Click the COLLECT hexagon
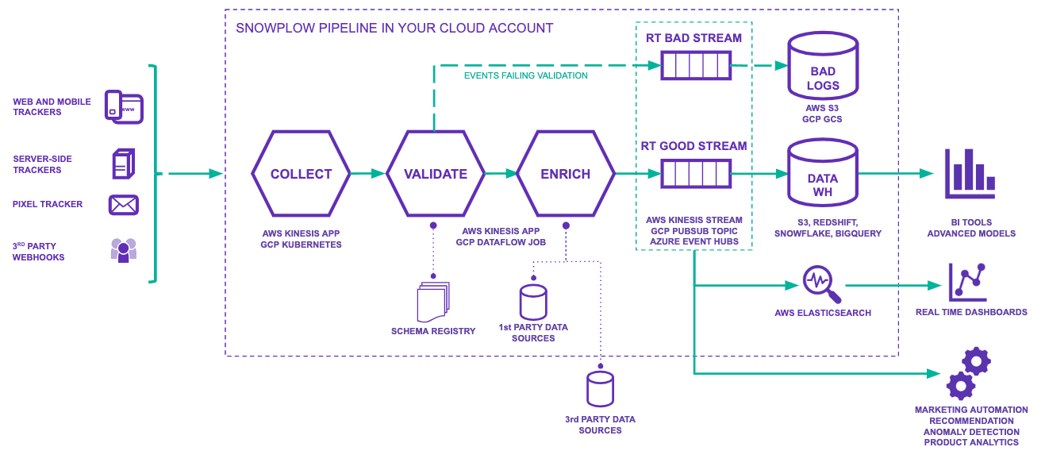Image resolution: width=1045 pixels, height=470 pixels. (x=301, y=174)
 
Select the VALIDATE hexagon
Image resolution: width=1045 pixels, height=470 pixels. (x=435, y=174)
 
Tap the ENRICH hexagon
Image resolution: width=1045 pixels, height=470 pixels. (x=565, y=174)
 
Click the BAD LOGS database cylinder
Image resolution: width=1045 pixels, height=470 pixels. (x=823, y=67)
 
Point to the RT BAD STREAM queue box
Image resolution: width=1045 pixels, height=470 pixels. (x=696, y=65)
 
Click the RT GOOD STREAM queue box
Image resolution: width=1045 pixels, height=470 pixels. (x=696, y=173)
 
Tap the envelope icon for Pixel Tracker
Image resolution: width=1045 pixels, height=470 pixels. (x=124, y=205)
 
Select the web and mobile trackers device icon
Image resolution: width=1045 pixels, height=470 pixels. (x=124, y=107)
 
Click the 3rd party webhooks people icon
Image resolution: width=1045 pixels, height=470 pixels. (x=124, y=250)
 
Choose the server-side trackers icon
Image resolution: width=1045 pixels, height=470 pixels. (x=123, y=164)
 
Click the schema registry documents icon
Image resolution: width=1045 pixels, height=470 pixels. (x=432, y=302)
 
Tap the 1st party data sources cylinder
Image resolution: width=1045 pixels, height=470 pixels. (x=533, y=302)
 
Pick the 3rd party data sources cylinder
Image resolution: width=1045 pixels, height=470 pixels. (x=600, y=389)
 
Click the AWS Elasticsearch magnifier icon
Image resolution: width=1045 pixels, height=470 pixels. (x=821, y=284)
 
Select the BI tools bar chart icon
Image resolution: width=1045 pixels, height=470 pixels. (x=970, y=174)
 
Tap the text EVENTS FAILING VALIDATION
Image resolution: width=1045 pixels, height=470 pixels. (x=525, y=76)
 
